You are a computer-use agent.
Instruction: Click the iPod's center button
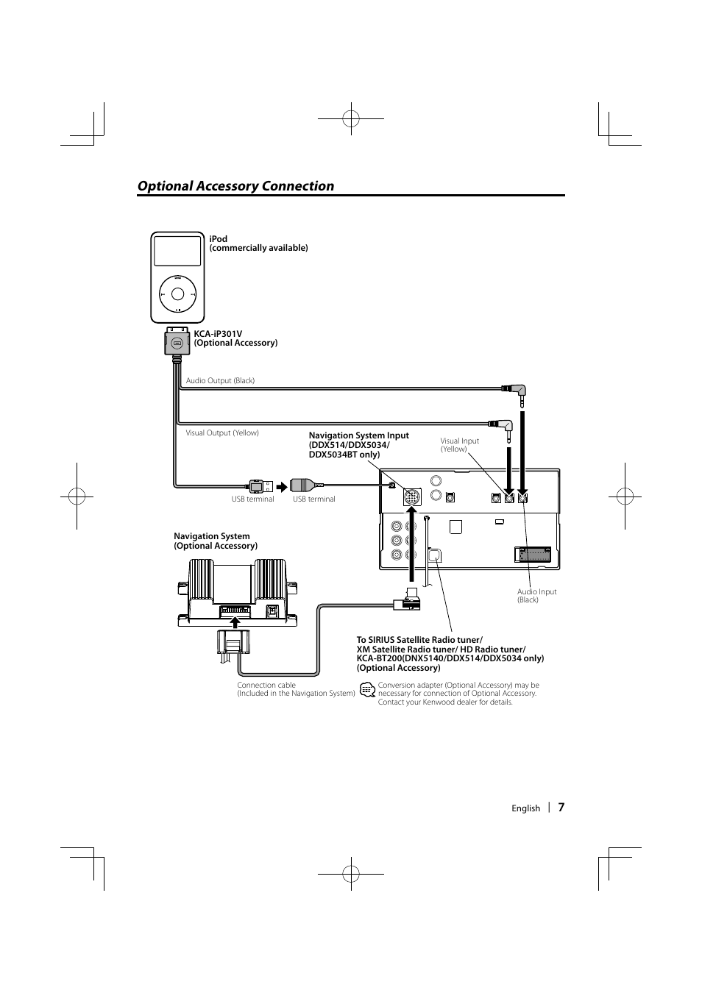pos(177,294)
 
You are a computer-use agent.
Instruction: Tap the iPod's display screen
pos(177,251)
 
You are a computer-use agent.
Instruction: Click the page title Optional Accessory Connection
pos(235,186)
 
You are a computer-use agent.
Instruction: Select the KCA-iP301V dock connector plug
pos(177,341)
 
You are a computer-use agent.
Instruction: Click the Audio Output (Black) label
pos(220,380)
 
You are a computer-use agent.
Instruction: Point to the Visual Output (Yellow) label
pos(222,433)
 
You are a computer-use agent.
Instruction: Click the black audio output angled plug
pos(516,394)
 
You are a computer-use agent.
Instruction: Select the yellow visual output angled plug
pos(503,429)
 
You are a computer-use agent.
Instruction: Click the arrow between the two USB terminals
pos(282,487)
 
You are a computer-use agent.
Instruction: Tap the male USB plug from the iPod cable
pos(260,486)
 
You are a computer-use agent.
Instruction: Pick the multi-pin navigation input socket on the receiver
pos(412,497)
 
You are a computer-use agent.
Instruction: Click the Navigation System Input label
pos(359,445)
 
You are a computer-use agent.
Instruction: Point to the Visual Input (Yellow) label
pos(459,444)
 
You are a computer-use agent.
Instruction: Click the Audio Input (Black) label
pos(536,595)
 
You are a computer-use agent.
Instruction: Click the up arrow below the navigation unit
pos(235,622)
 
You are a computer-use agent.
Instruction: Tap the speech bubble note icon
pos(367,689)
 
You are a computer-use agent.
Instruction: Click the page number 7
pos(561,807)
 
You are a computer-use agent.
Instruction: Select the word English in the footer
pos(525,808)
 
